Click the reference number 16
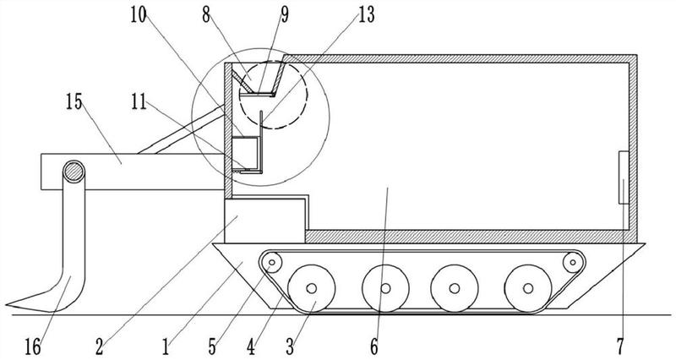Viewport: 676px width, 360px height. tap(33, 346)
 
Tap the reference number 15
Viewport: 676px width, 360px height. tap(74, 102)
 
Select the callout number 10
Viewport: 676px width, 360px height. tap(139, 15)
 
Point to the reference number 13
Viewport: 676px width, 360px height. tap(367, 15)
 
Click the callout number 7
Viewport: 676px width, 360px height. tap(620, 346)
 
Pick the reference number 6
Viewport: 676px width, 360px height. tap(373, 346)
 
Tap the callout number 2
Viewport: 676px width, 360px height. tap(100, 346)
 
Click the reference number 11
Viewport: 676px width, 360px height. tap(139, 102)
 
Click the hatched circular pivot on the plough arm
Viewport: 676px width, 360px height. tap(74, 172)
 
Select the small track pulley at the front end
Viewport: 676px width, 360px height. tap(271, 262)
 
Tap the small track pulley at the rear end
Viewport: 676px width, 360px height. tap(573, 261)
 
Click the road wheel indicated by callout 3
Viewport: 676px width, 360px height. tap(311, 288)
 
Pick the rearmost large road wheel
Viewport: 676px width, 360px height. tap(528, 288)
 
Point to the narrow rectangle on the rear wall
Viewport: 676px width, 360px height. tap(624, 177)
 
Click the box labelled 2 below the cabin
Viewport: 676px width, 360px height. tap(264, 221)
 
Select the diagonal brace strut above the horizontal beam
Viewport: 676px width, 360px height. tap(181, 130)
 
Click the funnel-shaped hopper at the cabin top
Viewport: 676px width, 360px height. tap(259, 78)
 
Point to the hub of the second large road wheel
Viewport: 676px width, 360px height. tap(385, 288)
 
